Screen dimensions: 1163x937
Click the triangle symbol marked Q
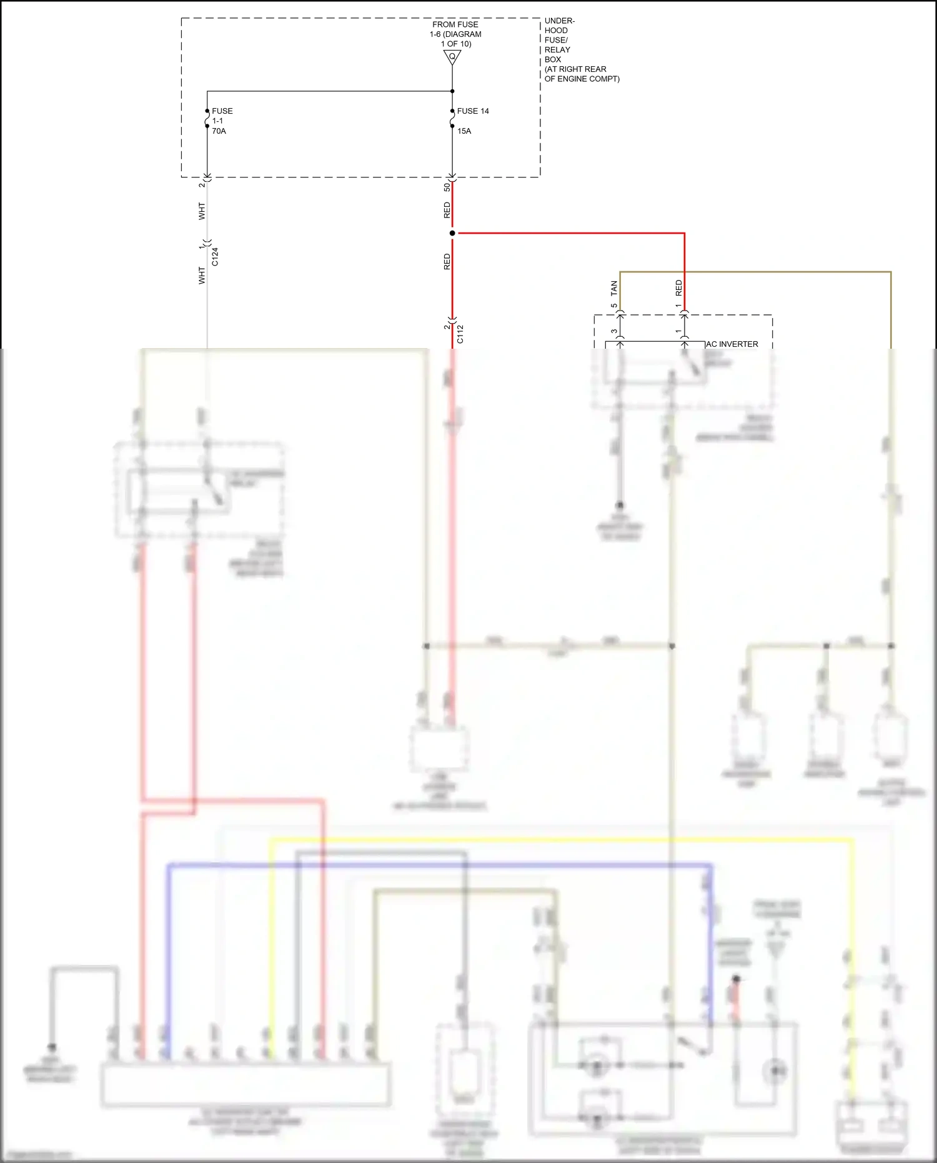pos(452,57)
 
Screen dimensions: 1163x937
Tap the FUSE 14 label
pos(473,111)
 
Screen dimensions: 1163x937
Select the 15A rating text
pos(464,131)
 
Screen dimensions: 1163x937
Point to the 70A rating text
pos(219,131)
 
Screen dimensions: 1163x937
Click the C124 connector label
pos(215,257)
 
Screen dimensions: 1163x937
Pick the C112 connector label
pos(460,334)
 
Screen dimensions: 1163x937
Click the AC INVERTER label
pos(732,344)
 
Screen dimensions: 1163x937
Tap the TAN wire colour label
pos(614,288)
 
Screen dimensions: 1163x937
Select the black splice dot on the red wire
pos(452,233)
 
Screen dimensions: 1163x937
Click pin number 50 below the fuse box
pos(447,187)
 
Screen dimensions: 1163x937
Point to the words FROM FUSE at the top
pos(455,24)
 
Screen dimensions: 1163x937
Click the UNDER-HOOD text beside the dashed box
pos(559,26)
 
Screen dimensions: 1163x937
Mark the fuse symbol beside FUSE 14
pos(452,118)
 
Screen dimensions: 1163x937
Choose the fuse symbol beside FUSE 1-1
pos(207,118)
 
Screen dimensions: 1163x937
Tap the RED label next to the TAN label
pos(679,288)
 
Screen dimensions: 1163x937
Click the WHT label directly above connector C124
pos(202,211)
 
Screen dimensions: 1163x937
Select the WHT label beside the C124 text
pos(202,276)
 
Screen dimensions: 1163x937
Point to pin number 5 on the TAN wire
pos(614,306)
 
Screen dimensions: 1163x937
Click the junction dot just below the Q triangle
pos(452,91)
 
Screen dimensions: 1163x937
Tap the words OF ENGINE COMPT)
pos(582,79)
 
